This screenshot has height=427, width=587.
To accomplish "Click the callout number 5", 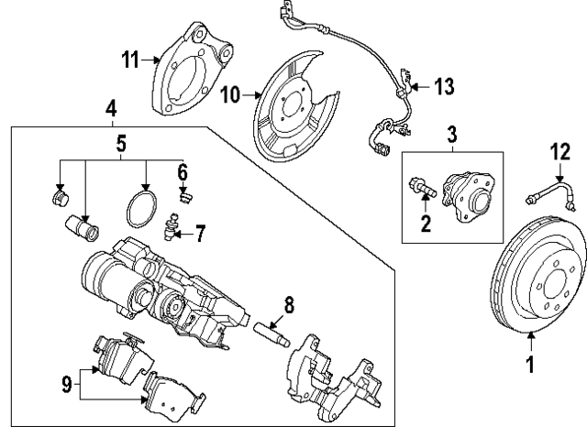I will point(121,143).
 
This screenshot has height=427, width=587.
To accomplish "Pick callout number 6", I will point(183,170).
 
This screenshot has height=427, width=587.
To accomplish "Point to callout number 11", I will point(131,60).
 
